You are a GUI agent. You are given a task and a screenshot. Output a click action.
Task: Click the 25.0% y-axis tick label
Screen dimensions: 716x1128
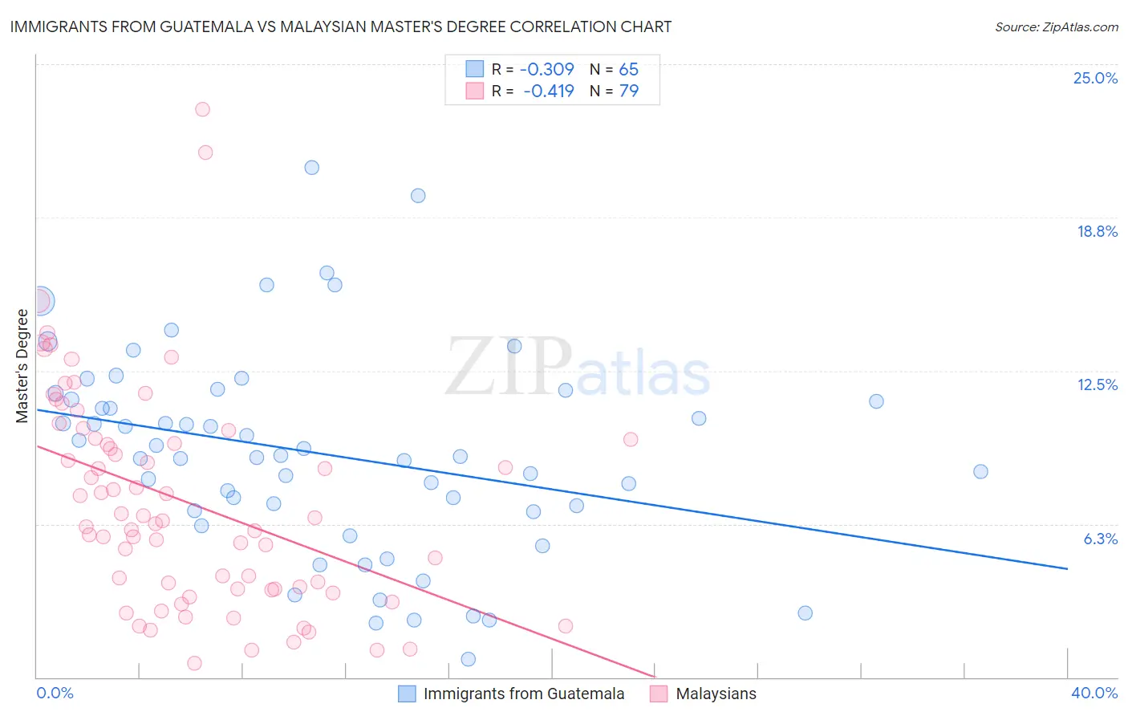click(x=1095, y=79)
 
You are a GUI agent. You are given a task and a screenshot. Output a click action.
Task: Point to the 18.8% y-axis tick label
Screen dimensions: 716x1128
click(x=1097, y=232)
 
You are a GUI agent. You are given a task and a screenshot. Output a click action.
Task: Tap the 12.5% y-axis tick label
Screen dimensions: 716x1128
click(x=1097, y=385)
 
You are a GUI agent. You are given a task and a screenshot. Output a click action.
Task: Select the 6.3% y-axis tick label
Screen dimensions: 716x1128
click(x=1100, y=539)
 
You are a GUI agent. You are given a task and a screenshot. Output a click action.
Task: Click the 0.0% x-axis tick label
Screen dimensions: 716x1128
click(x=55, y=694)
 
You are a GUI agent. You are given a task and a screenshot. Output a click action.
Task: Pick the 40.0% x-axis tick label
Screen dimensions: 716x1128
click(x=1094, y=694)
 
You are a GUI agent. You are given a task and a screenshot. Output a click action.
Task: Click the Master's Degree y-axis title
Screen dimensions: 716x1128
click(x=22, y=366)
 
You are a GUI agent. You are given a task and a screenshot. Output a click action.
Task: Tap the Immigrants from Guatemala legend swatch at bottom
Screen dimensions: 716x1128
click(x=408, y=694)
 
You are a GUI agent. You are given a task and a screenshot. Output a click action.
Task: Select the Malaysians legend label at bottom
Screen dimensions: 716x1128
click(x=716, y=694)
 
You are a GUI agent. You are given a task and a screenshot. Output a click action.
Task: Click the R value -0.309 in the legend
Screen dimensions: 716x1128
click(x=548, y=70)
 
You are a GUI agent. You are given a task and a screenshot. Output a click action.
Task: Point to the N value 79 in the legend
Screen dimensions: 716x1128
click(x=629, y=92)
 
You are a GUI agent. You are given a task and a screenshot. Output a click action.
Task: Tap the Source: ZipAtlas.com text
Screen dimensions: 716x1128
click(x=1056, y=27)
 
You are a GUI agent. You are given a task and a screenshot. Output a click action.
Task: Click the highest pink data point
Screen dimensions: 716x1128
click(x=202, y=109)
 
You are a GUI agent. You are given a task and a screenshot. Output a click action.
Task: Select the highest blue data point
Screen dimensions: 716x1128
click(x=311, y=168)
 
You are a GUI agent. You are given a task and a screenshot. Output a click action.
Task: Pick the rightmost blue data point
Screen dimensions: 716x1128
click(x=980, y=472)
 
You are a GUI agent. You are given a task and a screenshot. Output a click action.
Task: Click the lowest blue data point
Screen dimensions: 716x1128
click(x=468, y=659)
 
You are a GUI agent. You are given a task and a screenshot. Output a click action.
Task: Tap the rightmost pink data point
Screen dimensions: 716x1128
click(x=631, y=439)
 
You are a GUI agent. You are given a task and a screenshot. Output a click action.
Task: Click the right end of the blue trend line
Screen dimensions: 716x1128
click(x=1067, y=568)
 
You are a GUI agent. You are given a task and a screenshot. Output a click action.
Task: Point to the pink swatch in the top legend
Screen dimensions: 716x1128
click(x=475, y=92)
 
